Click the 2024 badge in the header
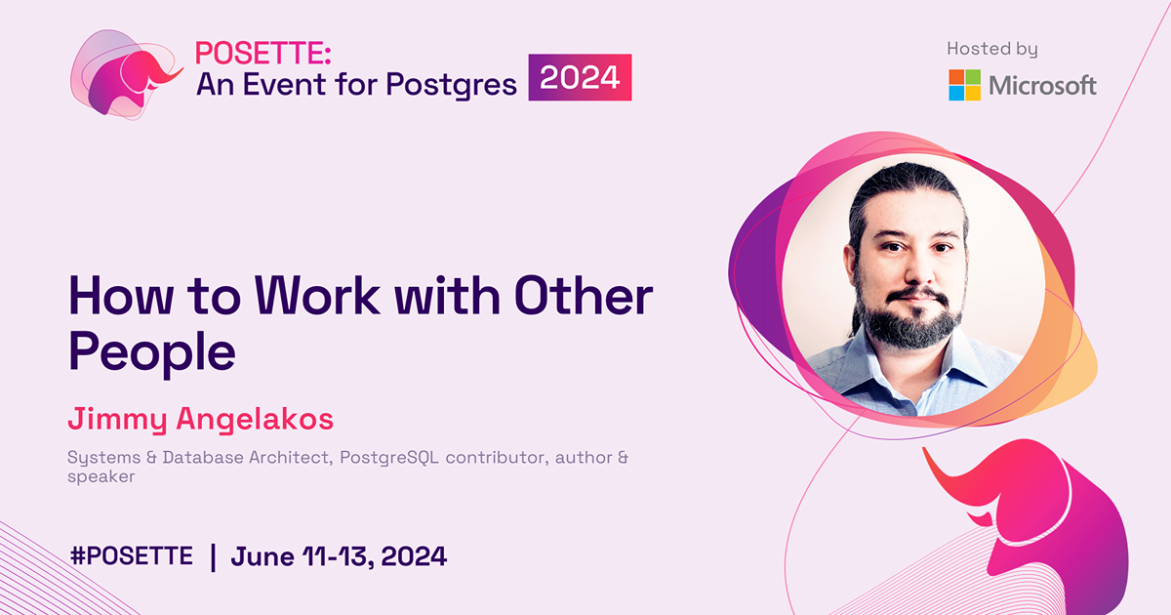pyautogui.click(x=581, y=78)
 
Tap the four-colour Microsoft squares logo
pyautogui.click(x=965, y=85)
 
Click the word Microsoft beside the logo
pyautogui.click(x=1043, y=86)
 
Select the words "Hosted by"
pyautogui.click(x=992, y=49)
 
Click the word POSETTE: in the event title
pyautogui.click(x=250, y=55)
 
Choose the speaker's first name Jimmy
pyautogui.click(x=116, y=420)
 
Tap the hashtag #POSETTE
pyautogui.click(x=132, y=556)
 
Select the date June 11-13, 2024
pyautogui.click(x=339, y=556)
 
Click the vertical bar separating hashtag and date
pyautogui.click(x=213, y=557)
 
